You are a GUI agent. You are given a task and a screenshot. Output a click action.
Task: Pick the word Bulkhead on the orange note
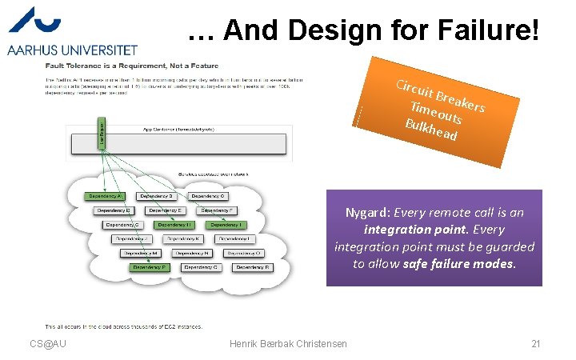[x=431, y=130]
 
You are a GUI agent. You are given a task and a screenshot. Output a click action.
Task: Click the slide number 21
[x=536, y=344]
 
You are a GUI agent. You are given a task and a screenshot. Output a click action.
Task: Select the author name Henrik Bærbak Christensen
[x=288, y=344]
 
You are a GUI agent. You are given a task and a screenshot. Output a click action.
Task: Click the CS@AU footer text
[x=48, y=344]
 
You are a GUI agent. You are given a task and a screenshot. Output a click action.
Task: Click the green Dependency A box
[x=105, y=196]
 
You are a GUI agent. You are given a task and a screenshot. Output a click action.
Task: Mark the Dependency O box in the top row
[x=209, y=196]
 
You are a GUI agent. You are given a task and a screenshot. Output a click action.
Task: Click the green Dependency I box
[x=227, y=225]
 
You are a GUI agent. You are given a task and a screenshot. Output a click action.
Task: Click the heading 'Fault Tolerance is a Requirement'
[x=131, y=66]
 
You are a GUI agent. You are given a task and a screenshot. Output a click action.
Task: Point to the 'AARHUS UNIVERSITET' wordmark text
[x=72, y=50]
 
